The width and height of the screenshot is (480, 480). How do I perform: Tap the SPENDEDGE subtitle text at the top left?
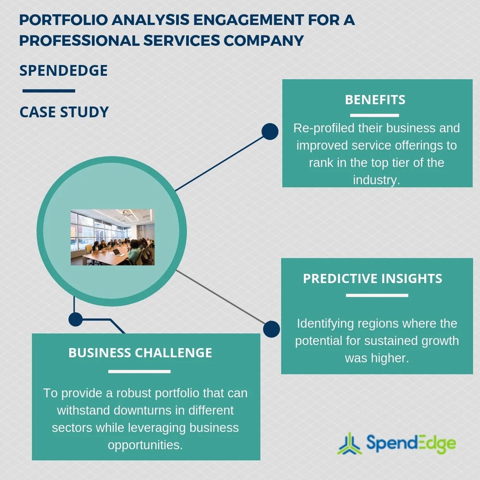coord(63,71)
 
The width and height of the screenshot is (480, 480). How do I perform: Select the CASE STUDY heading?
coord(64,112)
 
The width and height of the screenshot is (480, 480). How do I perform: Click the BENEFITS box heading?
coord(375,100)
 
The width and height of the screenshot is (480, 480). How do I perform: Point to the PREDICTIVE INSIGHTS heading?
coord(372,278)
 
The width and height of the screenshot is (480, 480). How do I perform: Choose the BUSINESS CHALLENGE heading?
coord(140,353)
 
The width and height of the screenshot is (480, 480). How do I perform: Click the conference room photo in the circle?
coord(112,237)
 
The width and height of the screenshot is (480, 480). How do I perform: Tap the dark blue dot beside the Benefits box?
coord(270,132)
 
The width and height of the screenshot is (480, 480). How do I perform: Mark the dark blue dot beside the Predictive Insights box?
coord(272,329)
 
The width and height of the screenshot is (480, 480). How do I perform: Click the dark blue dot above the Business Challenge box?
coord(75,319)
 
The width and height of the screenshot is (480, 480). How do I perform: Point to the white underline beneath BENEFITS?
coord(374,115)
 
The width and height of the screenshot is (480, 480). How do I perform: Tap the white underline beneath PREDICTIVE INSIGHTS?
coord(377,295)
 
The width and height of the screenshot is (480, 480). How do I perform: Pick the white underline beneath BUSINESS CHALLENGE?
coord(139,372)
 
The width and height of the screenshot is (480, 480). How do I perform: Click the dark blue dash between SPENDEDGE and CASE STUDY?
coord(48,91)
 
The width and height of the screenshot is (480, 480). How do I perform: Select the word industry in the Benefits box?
coord(376,180)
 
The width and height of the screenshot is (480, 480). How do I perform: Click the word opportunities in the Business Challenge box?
coord(145,445)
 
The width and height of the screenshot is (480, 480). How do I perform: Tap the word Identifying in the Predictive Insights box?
coord(325,323)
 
